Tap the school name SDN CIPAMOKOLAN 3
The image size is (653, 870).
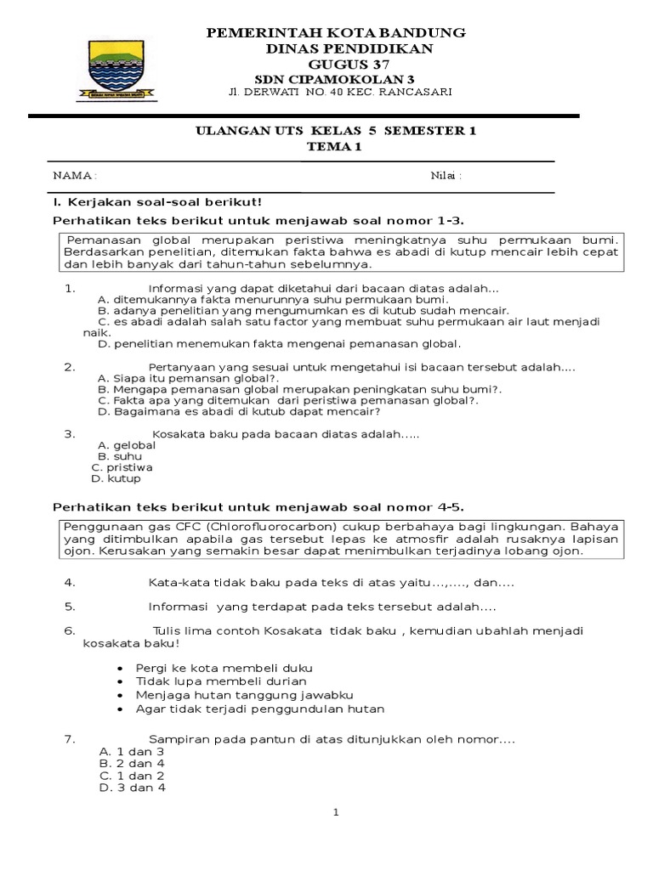[x=337, y=79]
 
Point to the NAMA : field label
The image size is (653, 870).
[x=75, y=175]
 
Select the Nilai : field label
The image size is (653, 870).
[x=446, y=175]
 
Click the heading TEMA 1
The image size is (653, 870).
[x=337, y=146]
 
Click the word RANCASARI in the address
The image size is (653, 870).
[x=417, y=92]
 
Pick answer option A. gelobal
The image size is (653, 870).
[x=127, y=445]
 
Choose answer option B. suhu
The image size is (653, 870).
[x=120, y=456]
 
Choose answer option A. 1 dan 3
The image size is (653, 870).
[x=132, y=752]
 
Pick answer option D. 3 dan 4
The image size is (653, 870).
[x=132, y=788]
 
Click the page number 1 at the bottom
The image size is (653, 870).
[x=337, y=813]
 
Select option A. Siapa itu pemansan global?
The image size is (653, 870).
[x=189, y=377]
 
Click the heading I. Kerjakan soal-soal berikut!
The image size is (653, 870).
[x=157, y=201]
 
